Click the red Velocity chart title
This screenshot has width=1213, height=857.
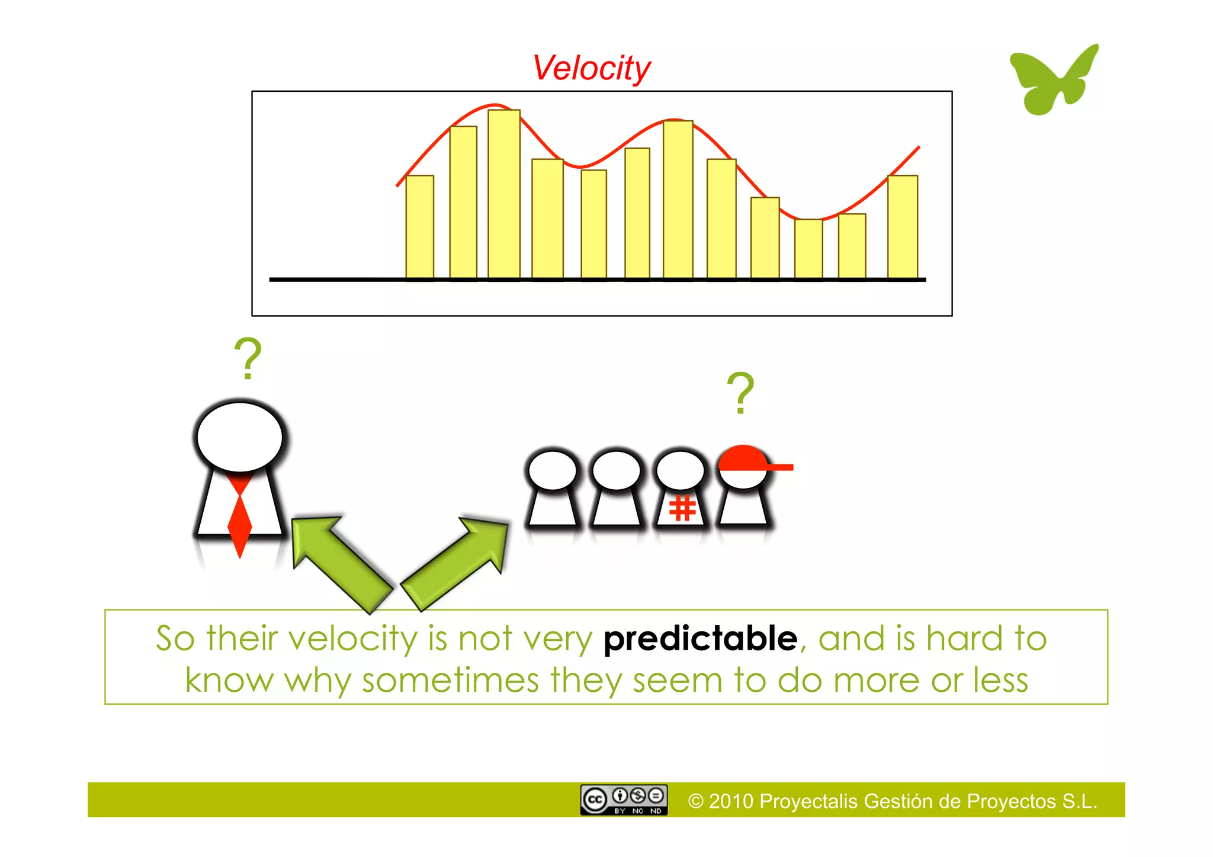pos(591,68)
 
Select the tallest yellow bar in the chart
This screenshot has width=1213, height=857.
pos(504,194)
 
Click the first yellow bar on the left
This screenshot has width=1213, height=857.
pos(419,227)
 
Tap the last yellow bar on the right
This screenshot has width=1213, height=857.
pos(902,227)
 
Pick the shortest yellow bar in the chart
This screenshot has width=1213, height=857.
pos(808,249)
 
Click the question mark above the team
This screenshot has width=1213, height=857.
pos(740,393)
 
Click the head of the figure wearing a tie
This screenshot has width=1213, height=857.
pos(240,437)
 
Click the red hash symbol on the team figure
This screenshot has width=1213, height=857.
pos(682,508)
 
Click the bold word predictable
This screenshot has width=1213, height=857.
pos(700,638)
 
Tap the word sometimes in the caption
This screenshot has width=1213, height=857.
pos(450,680)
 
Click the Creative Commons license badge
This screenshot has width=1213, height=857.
pos(624,800)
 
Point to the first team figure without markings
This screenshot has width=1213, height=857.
pos(553,489)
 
